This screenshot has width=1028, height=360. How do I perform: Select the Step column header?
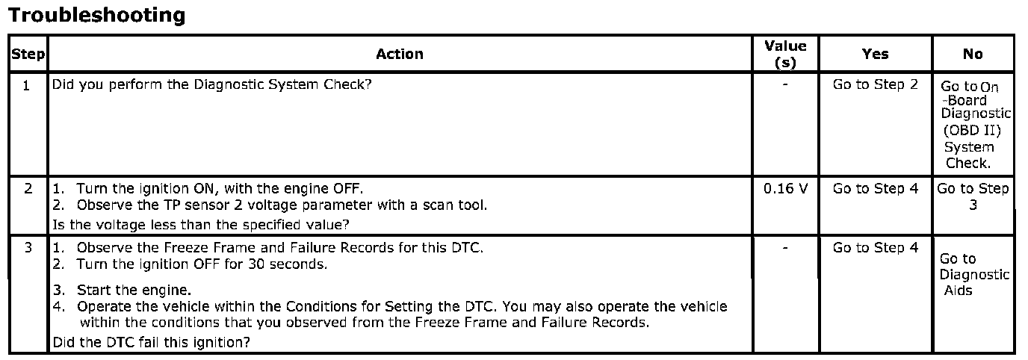point(28,55)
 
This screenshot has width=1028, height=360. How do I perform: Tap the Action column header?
point(400,54)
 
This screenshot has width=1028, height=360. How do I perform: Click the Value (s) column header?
point(785,55)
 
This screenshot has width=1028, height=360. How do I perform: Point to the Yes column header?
point(875,54)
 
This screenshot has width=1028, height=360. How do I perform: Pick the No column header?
point(973,54)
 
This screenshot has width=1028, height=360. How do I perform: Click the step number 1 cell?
point(27,85)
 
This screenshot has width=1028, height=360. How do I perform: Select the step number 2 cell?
point(28,189)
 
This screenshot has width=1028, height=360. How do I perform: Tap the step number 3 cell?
point(28,248)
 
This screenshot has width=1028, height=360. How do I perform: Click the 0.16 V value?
point(785,189)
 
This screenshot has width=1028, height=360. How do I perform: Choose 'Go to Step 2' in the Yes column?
point(875,84)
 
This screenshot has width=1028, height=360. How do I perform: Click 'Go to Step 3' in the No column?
point(973,196)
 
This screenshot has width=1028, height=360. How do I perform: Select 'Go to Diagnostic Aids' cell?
point(973,274)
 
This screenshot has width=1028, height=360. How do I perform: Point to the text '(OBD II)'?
point(973,131)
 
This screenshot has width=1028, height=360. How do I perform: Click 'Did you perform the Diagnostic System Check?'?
point(211,84)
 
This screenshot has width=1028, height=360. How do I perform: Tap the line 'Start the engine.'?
point(134,290)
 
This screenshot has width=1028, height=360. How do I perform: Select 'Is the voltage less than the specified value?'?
point(200,224)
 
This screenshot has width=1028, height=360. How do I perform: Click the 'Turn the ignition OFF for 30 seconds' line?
point(202,264)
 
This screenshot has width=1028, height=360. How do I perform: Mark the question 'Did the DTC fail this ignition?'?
point(150,343)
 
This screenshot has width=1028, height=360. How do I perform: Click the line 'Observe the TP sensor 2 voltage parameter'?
point(282,205)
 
